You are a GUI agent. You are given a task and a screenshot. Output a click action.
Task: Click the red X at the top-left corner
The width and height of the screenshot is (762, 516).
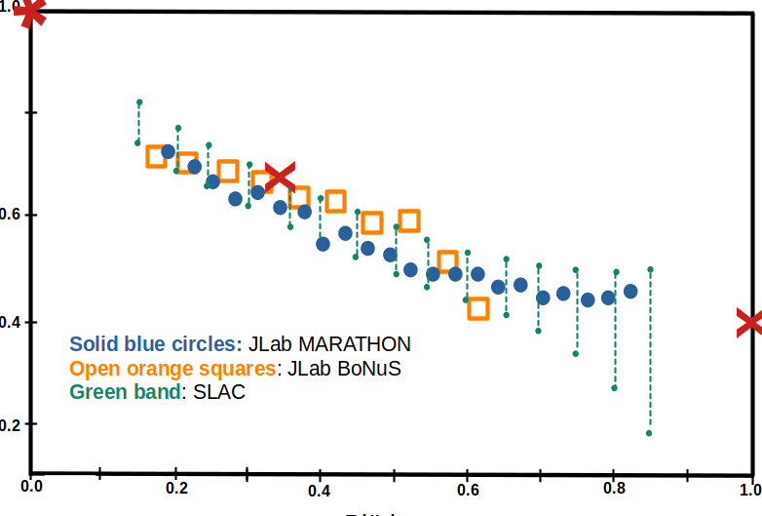click(x=31, y=12)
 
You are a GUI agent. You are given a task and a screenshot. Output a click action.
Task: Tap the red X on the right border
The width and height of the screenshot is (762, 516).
click(x=749, y=323)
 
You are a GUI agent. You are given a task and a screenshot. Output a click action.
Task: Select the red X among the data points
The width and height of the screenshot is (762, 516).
click(x=280, y=177)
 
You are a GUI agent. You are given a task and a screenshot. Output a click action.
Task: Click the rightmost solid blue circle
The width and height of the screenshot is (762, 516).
click(x=630, y=291)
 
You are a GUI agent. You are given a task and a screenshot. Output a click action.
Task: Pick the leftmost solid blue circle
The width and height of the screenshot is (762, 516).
click(x=168, y=151)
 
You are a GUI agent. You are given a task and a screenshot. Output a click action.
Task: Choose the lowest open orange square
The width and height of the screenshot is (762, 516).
click(x=477, y=309)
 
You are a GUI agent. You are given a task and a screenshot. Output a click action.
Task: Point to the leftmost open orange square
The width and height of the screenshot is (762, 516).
click(x=156, y=156)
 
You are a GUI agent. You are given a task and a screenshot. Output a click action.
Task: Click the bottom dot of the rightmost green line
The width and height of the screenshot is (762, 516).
click(x=649, y=433)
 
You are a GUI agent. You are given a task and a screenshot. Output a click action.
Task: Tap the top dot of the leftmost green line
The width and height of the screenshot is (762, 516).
click(x=139, y=101)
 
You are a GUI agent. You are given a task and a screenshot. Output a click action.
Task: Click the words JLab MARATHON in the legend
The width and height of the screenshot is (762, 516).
click(x=329, y=344)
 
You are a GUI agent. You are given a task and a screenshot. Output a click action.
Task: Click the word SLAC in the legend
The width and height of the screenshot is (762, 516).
click(x=219, y=393)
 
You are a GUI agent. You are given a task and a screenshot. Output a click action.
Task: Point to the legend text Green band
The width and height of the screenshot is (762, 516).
click(x=124, y=393)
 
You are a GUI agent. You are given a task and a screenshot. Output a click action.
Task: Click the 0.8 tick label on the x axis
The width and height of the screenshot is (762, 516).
click(x=613, y=485)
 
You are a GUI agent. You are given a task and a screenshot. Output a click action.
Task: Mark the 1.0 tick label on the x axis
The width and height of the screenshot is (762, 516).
click(x=749, y=487)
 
